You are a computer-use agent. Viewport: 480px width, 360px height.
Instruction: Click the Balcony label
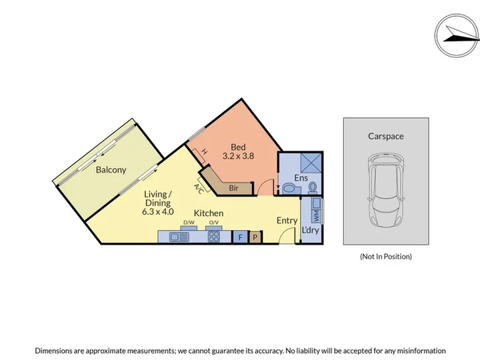[111, 170]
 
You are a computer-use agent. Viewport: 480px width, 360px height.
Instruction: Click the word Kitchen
[209, 213]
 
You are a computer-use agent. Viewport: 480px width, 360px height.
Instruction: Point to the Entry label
[287, 221]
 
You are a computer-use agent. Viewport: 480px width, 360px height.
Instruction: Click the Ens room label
[301, 178]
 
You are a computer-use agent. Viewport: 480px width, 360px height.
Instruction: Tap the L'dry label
[311, 230]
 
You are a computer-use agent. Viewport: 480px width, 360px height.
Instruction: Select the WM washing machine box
[316, 216]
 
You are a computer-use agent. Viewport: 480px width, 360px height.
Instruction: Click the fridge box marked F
[240, 237]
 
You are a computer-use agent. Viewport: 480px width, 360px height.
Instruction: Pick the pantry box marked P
[255, 237]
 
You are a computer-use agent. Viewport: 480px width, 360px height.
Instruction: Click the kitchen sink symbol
[179, 237]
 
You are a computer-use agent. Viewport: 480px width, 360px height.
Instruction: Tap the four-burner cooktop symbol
[214, 237]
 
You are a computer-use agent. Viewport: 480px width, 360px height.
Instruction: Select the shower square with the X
[311, 163]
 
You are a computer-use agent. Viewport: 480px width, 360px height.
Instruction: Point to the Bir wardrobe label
[233, 188]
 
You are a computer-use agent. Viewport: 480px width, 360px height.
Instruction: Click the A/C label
[199, 189]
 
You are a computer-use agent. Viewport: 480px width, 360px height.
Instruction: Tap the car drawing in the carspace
[386, 190]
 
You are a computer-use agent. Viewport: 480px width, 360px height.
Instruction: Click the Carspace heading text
[386, 136]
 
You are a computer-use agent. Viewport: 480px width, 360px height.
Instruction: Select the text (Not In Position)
[386, 257]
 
